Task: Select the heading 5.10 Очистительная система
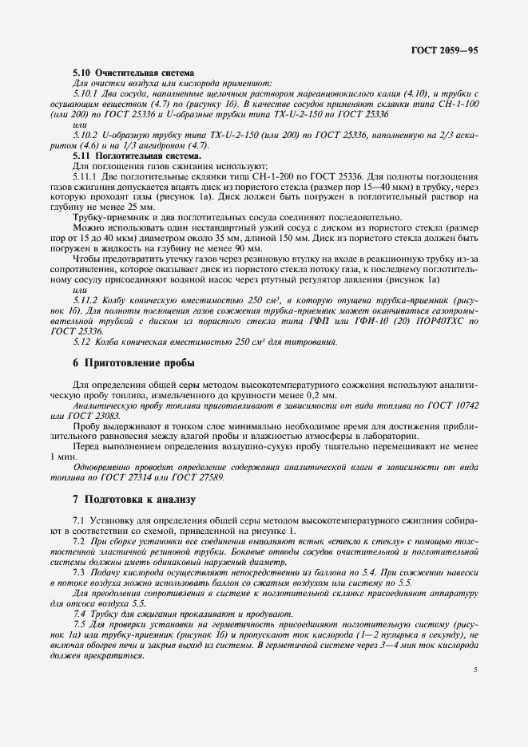(119, 73)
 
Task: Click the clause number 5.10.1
(84, 93)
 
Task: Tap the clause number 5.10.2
(84, 136)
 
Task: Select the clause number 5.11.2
(84, 298)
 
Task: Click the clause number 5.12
(81, 342)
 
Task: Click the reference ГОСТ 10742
(454, 405)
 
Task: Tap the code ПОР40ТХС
(435, 320)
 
